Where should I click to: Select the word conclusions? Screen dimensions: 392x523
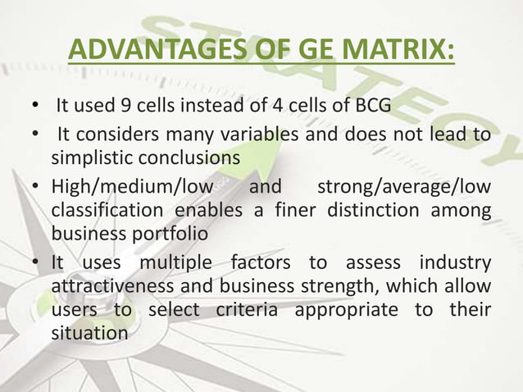[x=190, y=157]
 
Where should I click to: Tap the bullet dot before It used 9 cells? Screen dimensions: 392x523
[x=35, y=107]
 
